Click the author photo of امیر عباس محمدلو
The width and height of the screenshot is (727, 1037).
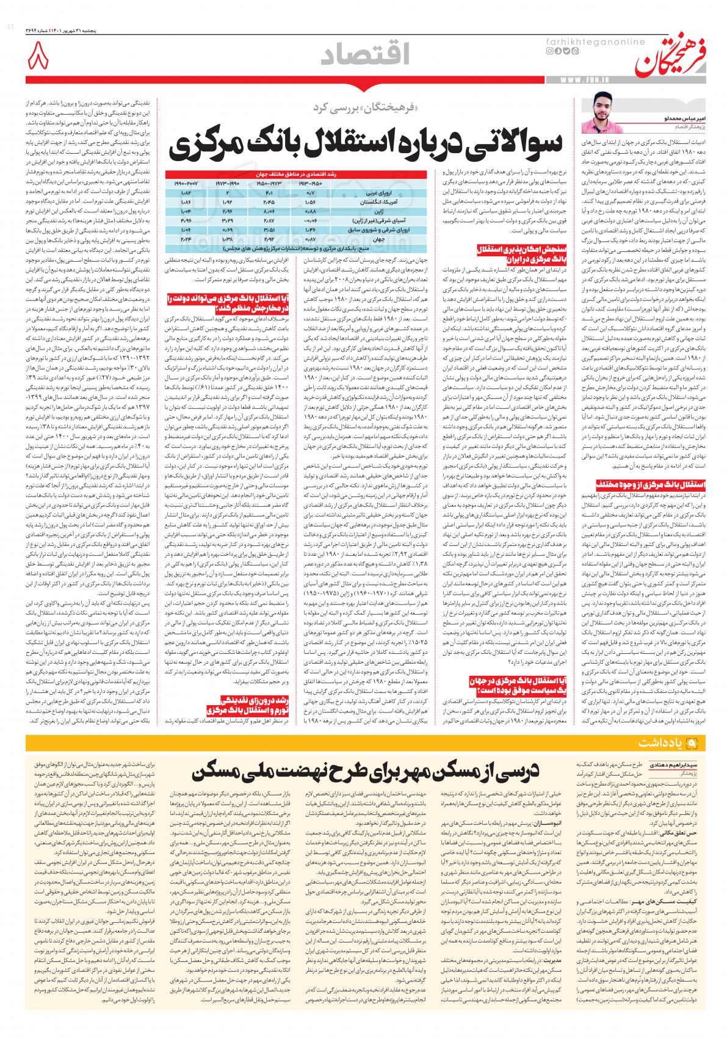[598, 113]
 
